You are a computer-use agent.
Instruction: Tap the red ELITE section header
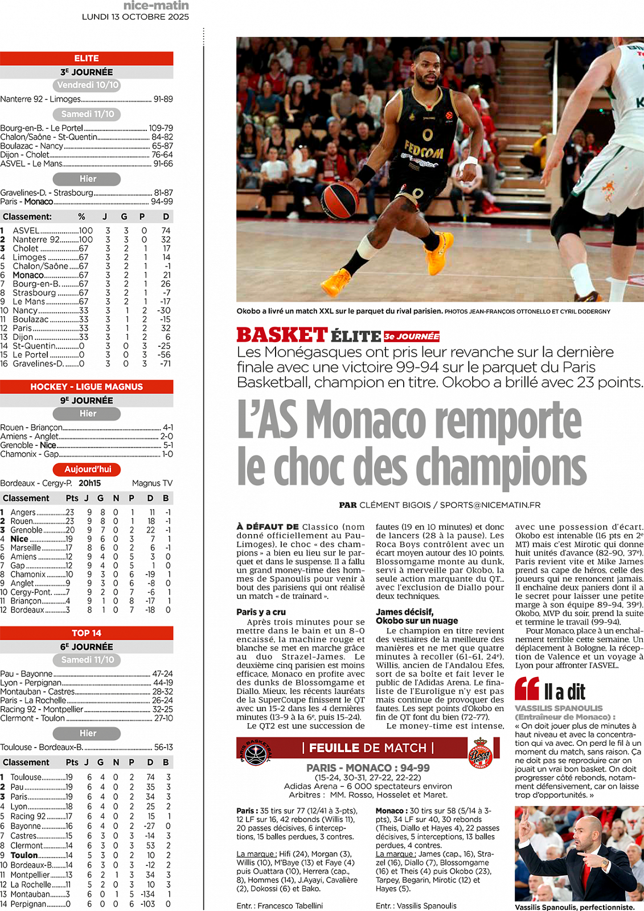click(x=87, y=58)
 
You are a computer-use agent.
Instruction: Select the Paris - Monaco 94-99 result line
click(x=87, y=202)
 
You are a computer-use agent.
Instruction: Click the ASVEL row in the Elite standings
click(x=87, y=231)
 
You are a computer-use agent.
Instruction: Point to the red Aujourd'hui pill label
click(x=87, y=469)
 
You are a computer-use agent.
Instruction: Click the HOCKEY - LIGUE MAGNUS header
click(x=87, y=387)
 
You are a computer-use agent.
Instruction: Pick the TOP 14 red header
click(x=87, y=633)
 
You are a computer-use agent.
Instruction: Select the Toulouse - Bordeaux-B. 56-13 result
click(x=87, y=747)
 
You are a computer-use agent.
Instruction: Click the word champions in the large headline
click(x=501, y=467)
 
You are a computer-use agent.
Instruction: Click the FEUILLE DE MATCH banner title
click(x=368, y=748)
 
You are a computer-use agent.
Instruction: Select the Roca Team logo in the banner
click(x=479, y=753)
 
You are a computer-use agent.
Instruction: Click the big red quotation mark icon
click(x=527, y=689)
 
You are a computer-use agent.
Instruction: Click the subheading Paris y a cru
click(x=261, y=612)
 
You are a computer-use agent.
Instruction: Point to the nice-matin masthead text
click(x=155, y=6)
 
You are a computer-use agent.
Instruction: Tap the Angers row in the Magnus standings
click(x=87, y=512)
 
